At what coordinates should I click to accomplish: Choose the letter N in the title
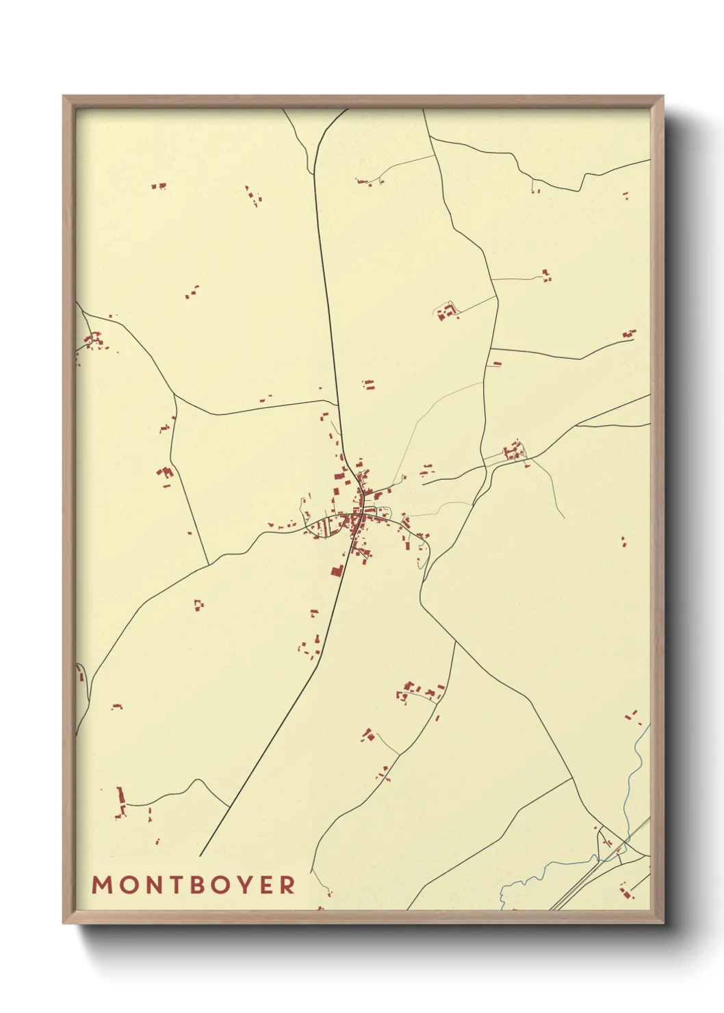(x=145, y=885)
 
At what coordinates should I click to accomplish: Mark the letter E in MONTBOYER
(x=263, y=885)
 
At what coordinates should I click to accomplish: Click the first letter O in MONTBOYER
(x=124, y=885)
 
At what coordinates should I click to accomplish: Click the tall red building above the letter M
(x=121, y=800)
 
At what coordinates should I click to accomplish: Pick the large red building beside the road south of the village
(x=337, y=570)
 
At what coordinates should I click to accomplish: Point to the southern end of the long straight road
(x=201, y=856)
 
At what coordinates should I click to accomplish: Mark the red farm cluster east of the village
(x=513, y=452)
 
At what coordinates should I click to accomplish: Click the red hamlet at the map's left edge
(x=92, y=339)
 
